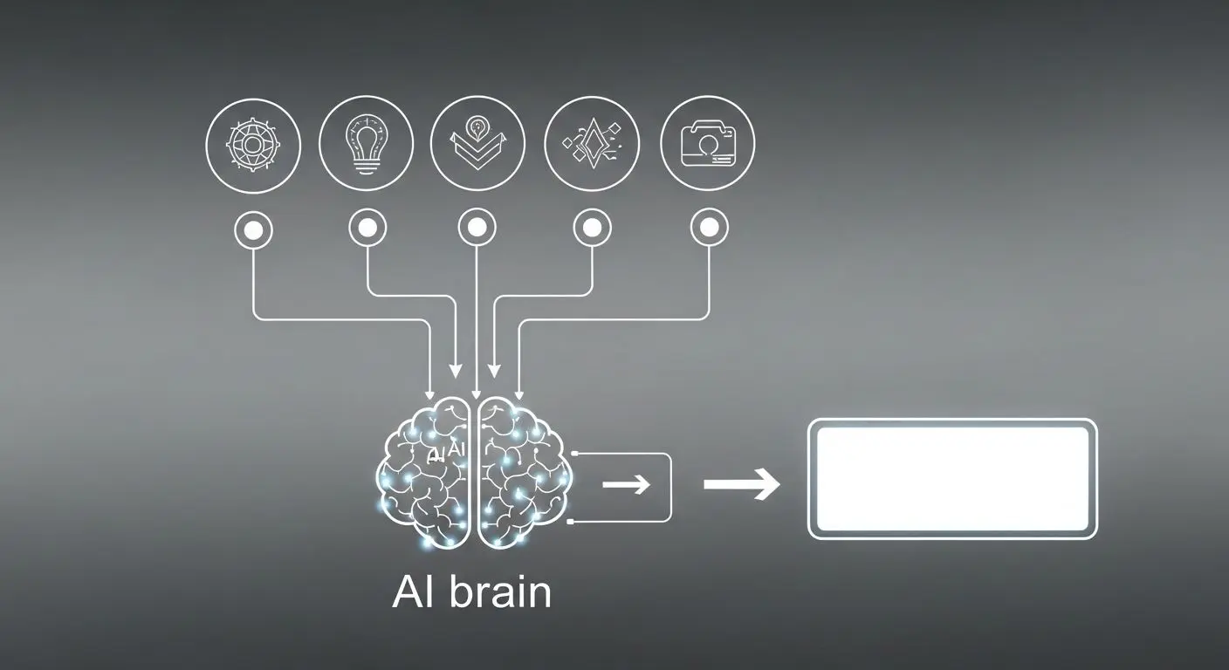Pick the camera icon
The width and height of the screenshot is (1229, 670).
[708, 142]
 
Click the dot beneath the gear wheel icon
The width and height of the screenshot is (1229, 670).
[253, 230]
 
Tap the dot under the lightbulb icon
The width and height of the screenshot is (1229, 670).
[367, 229]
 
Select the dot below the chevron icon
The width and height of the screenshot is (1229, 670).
[477, 229]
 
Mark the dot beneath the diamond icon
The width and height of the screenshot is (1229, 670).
[592, 229]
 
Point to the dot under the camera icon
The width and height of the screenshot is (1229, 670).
[708, 229]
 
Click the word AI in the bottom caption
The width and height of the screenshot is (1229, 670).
[414, 592]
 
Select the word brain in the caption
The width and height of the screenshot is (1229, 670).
[500, 592]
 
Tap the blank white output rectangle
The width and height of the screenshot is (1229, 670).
[952, 478]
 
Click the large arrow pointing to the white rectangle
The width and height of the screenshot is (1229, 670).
[742, 484]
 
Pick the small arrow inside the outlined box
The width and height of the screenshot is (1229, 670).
[626, 484]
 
